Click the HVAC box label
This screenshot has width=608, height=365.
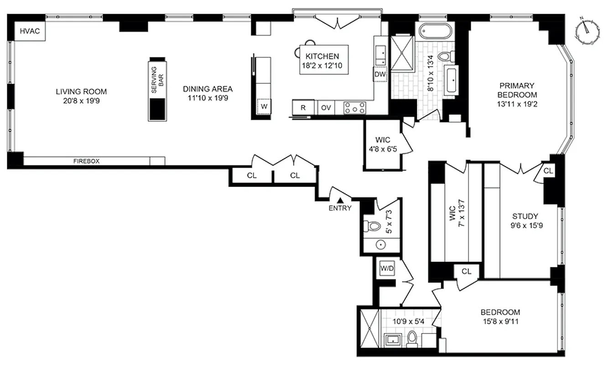pyautogui.click(x=26, y=31)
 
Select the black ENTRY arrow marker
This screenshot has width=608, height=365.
pyautogui.click(x=340, y=199)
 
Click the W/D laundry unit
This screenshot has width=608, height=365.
pyautogui.click(x=386, y=269)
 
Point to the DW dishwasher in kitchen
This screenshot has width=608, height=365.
pyautogui.click(x=379, y=74)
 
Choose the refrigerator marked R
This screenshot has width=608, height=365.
pyautogui.click(x=303, y=108)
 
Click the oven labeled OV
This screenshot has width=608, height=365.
pyautogui.click(x=325, y=108)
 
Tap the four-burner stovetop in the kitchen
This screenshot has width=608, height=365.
pyautogui.click(x=354, y=108)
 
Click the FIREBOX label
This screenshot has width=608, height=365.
pyautogui.click(x=87, y=161)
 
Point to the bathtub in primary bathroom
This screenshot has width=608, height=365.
pyautogui.click(x=434, y=33)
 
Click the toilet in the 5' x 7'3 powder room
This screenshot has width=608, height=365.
pyautogui.click(x=373, y=225)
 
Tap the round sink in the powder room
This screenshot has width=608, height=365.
pyautogui.click(x=381, y=245)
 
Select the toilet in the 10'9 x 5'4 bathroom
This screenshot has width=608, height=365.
pyautogui.click(x=412, y=339)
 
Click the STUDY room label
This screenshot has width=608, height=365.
pyautogui.click(x=525, y=216)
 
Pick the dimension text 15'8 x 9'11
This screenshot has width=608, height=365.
pyautogui.click(x=500, y=322)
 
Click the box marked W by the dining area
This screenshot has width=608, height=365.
pyautogui.click(x=263, y=107)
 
